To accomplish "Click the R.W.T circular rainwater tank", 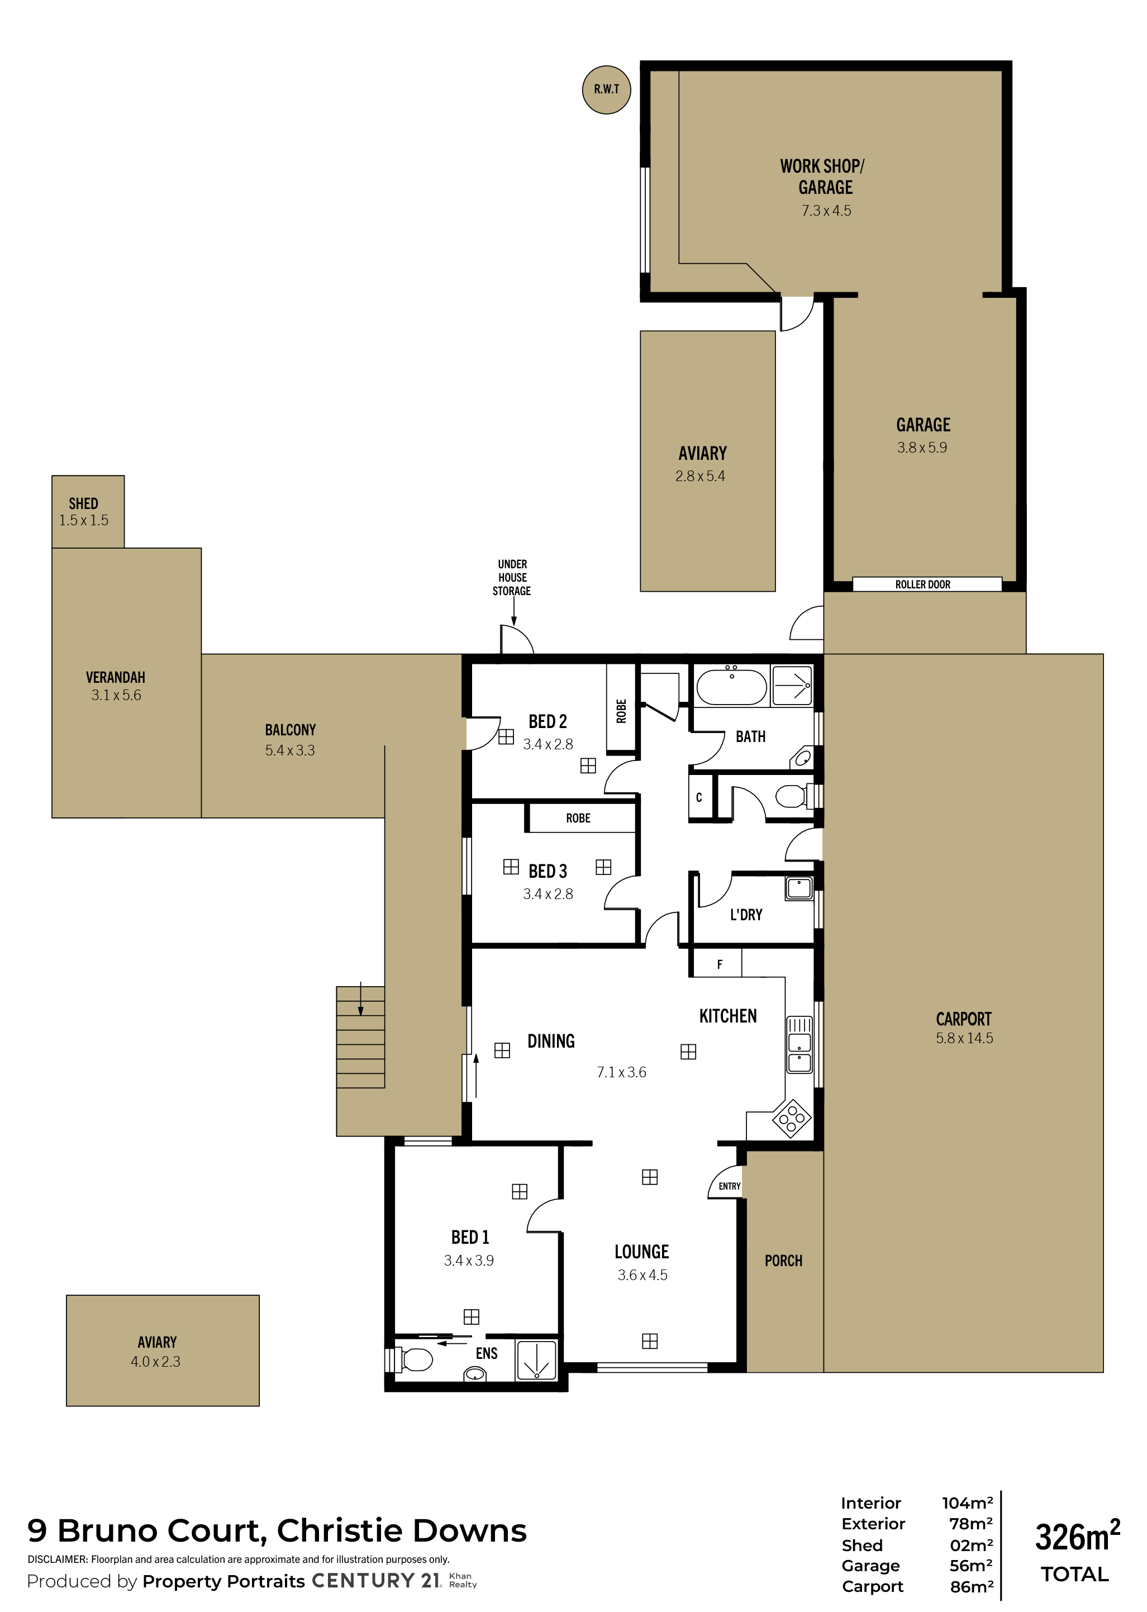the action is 606,90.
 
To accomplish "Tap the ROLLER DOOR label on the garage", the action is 922,585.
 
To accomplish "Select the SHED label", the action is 83,503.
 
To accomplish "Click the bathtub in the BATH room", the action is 732,687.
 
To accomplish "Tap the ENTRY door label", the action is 730,1187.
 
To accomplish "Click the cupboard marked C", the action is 699,797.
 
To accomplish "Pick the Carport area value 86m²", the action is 972,1586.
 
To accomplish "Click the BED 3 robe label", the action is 578,818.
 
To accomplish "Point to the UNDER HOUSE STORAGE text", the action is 512,577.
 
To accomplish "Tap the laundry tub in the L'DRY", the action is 799,887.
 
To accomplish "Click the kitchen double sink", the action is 799,1045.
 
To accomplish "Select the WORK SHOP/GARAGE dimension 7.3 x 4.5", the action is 826,211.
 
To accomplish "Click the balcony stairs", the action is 360,1037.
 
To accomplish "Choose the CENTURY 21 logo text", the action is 377,1581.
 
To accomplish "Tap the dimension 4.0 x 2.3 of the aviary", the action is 155,1362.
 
